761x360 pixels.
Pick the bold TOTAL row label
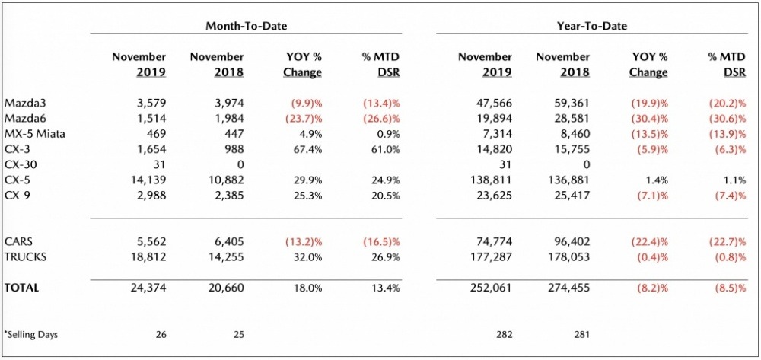(x=21, y=288)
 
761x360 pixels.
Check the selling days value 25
(x=237, y=334)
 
